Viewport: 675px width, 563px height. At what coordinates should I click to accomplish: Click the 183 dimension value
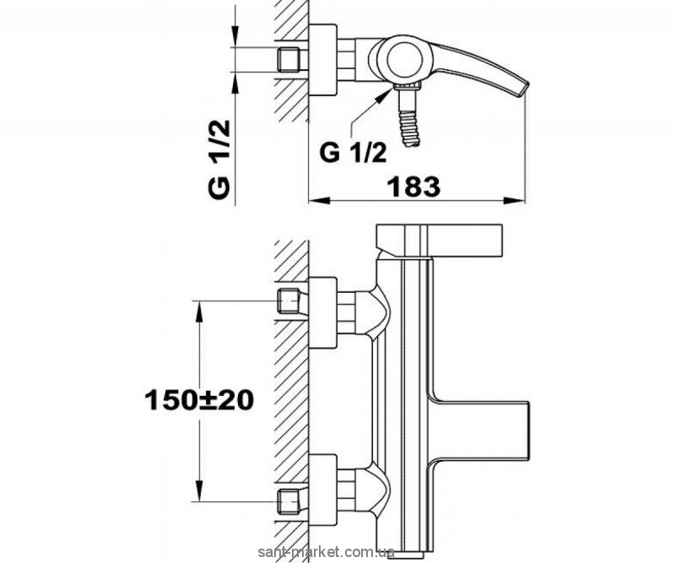pyautogui.click(x=413, y=187)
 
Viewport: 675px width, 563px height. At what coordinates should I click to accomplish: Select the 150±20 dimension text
pyautogui.click(x=199, y=401)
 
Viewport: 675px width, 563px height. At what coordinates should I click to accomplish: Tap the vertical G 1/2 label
pyautogui.click(x=219, y=159)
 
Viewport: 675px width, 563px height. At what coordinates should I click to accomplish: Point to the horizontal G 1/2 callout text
pyautogui.click(x=353, y=153)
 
